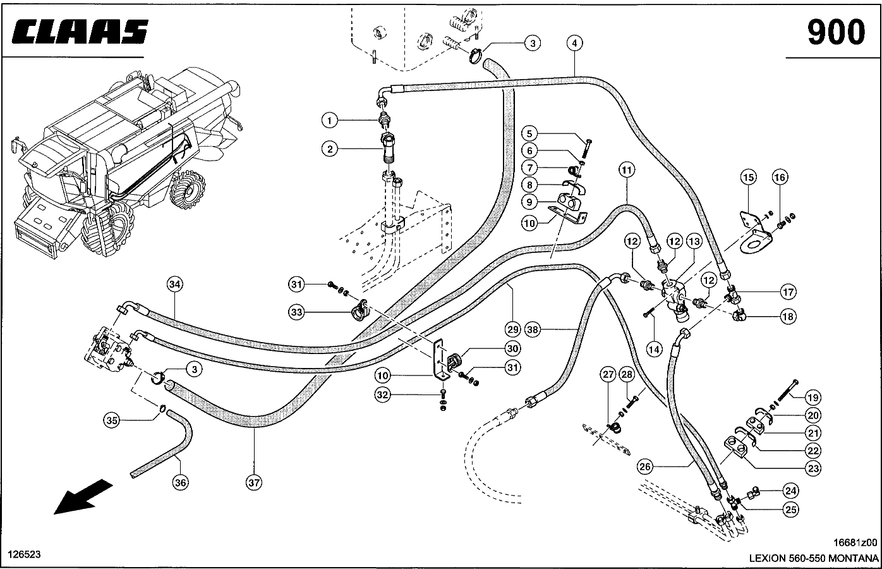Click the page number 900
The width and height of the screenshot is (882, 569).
[836, 32]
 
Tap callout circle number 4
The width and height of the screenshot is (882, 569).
[574, 44]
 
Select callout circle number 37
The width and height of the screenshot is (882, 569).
[254, 482]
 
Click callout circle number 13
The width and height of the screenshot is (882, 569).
[694, 241]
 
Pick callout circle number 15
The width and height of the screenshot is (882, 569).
[749, 178]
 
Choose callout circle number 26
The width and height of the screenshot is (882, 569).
[644, 468]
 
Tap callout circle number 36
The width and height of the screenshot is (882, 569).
[181, 482]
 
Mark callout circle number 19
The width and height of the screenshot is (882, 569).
[813, 398]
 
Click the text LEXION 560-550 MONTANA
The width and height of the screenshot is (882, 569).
[813, 558]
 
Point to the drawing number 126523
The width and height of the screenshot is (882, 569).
[24, 554]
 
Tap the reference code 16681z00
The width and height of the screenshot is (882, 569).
[855, 542]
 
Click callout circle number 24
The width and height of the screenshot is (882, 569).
[790, 490]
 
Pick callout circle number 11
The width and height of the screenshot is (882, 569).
[626, 170]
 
